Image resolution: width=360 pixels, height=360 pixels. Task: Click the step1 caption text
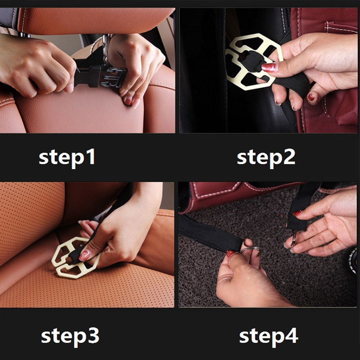pyautogui.click(x=67, y=158)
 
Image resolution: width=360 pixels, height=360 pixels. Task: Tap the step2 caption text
pyautogui.click(x=266, y=158)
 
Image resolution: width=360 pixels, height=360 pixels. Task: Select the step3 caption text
pyautogui.click(x=70, y=337)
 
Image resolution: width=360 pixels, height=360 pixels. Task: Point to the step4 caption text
pyautogui.click(x=268, y=337)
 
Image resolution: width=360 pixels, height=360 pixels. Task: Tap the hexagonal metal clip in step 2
pyautogui.click(x=252, y=61)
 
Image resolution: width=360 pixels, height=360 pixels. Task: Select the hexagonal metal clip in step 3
pyautogui.click(x=75, y=257)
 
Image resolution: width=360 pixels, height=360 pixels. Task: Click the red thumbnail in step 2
pyautogui.click(x=270, y=67)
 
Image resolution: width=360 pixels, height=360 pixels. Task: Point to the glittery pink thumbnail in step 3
pyautogui.click(x=84, y=255)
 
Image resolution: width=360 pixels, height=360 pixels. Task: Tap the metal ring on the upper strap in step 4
pyautogui.click(x=294, y=239)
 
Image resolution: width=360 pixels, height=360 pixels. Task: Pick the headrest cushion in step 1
pyautogui.click(x=92, y=20)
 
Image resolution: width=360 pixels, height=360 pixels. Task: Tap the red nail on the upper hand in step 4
pyautogui.click(x=297, y=213)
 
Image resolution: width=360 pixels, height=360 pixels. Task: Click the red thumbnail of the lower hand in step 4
pyautogui.click(x=230, y=254)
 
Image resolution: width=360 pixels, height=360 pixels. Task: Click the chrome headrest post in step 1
pyautogui.click(x=106, y=48)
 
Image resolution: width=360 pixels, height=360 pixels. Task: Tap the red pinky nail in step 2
pyautogui.click(x=311, y=97)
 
